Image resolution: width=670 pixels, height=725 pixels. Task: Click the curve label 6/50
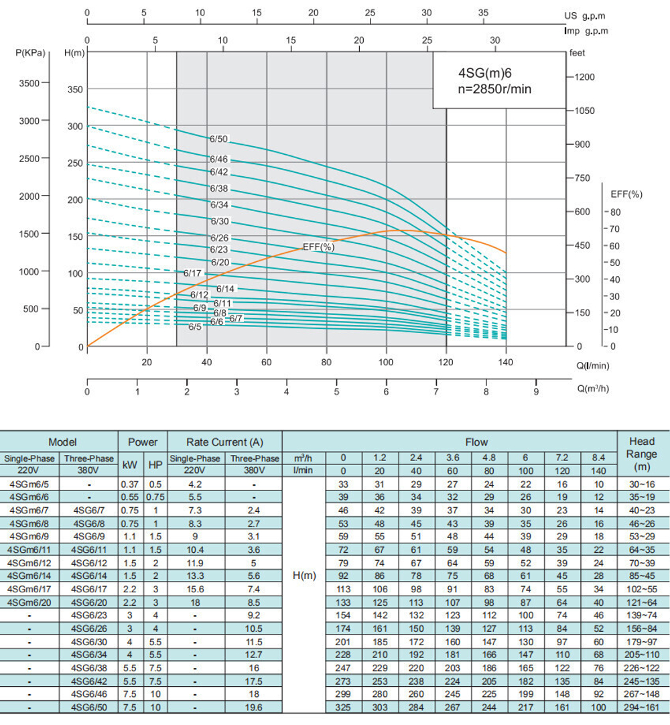[x=219, y=139]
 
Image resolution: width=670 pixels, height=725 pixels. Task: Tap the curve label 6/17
[x=192, y=273]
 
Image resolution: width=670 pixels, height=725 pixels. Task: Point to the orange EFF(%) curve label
[x=318, y=247]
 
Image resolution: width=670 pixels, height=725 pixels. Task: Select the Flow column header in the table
[x=477, y=442]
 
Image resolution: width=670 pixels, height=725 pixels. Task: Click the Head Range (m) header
[x=642, y=454]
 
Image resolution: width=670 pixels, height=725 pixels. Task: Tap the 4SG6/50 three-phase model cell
[x=88, y=708]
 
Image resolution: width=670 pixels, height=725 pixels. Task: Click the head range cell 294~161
[x=642, y=708]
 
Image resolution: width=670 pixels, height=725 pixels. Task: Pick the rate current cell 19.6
[x=255, y=708]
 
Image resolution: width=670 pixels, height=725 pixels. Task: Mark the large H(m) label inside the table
[x=304, y=576]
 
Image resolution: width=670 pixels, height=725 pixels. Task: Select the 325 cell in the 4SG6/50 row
[x=343, y=708]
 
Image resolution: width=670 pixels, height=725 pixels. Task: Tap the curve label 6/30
[x=220, y=221]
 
